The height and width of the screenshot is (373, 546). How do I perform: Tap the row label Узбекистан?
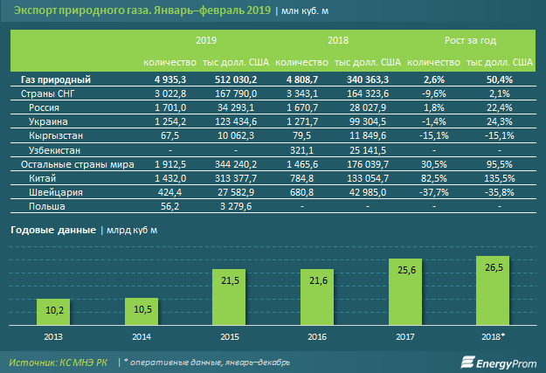click(x=53, y=149)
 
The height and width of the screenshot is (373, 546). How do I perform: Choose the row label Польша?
click(x=45, y=206)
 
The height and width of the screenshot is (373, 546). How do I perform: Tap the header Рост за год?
click(x=468, y=40)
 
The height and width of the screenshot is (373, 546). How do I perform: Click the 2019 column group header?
click(x=206, y=40)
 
